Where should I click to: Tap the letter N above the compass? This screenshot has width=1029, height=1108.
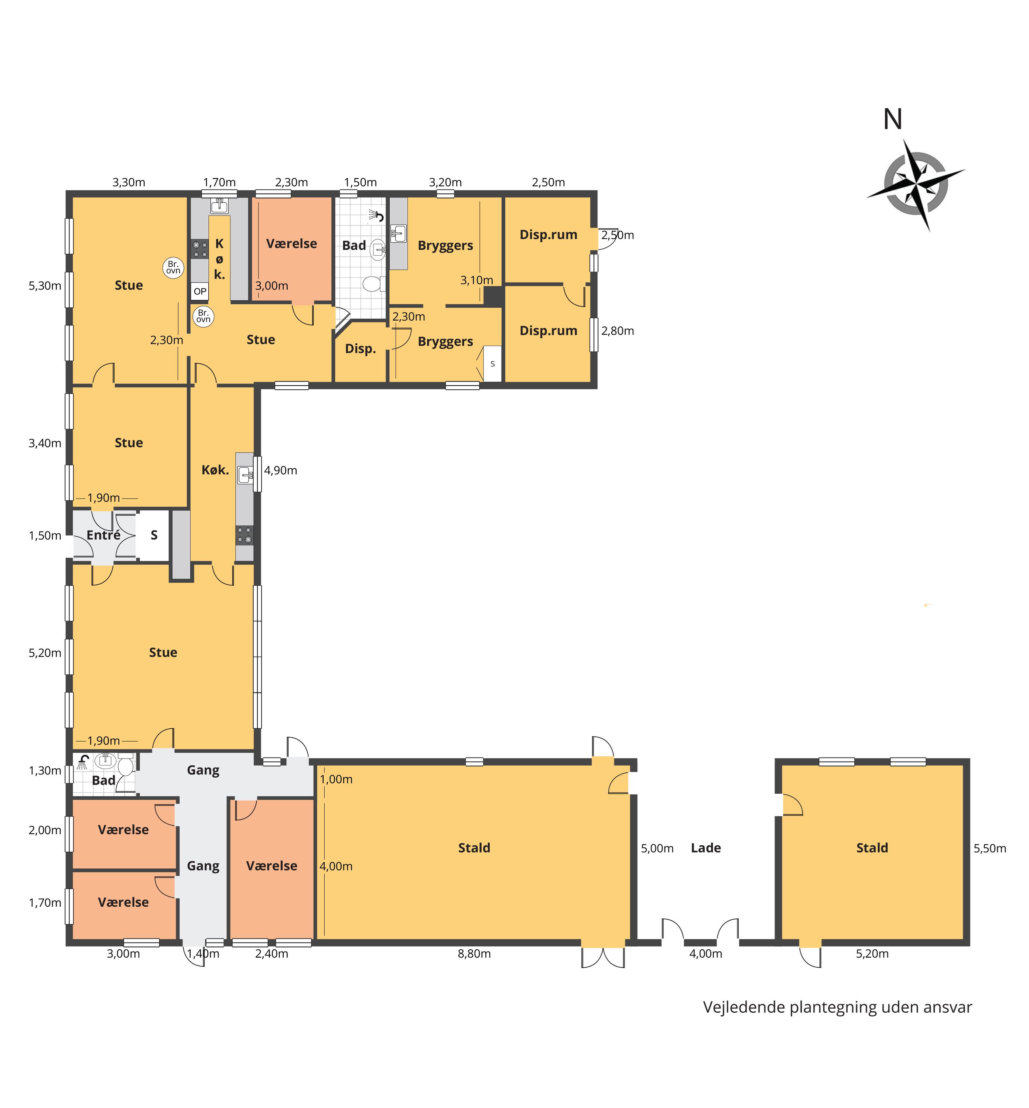click(893, 119)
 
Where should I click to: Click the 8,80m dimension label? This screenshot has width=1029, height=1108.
click(474, 954)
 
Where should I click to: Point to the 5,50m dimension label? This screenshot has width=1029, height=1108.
click(989, 848)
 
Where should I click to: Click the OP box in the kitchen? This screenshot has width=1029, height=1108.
click(200, 291)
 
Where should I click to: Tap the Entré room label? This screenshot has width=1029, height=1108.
click(103, 535)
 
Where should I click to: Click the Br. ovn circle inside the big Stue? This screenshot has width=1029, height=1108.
click(173, 268)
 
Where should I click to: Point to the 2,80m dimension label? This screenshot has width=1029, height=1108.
click(618, 331)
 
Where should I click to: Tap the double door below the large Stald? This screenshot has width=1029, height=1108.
click(603, 957)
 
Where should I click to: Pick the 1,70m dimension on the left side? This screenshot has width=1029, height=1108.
click(45, 903)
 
